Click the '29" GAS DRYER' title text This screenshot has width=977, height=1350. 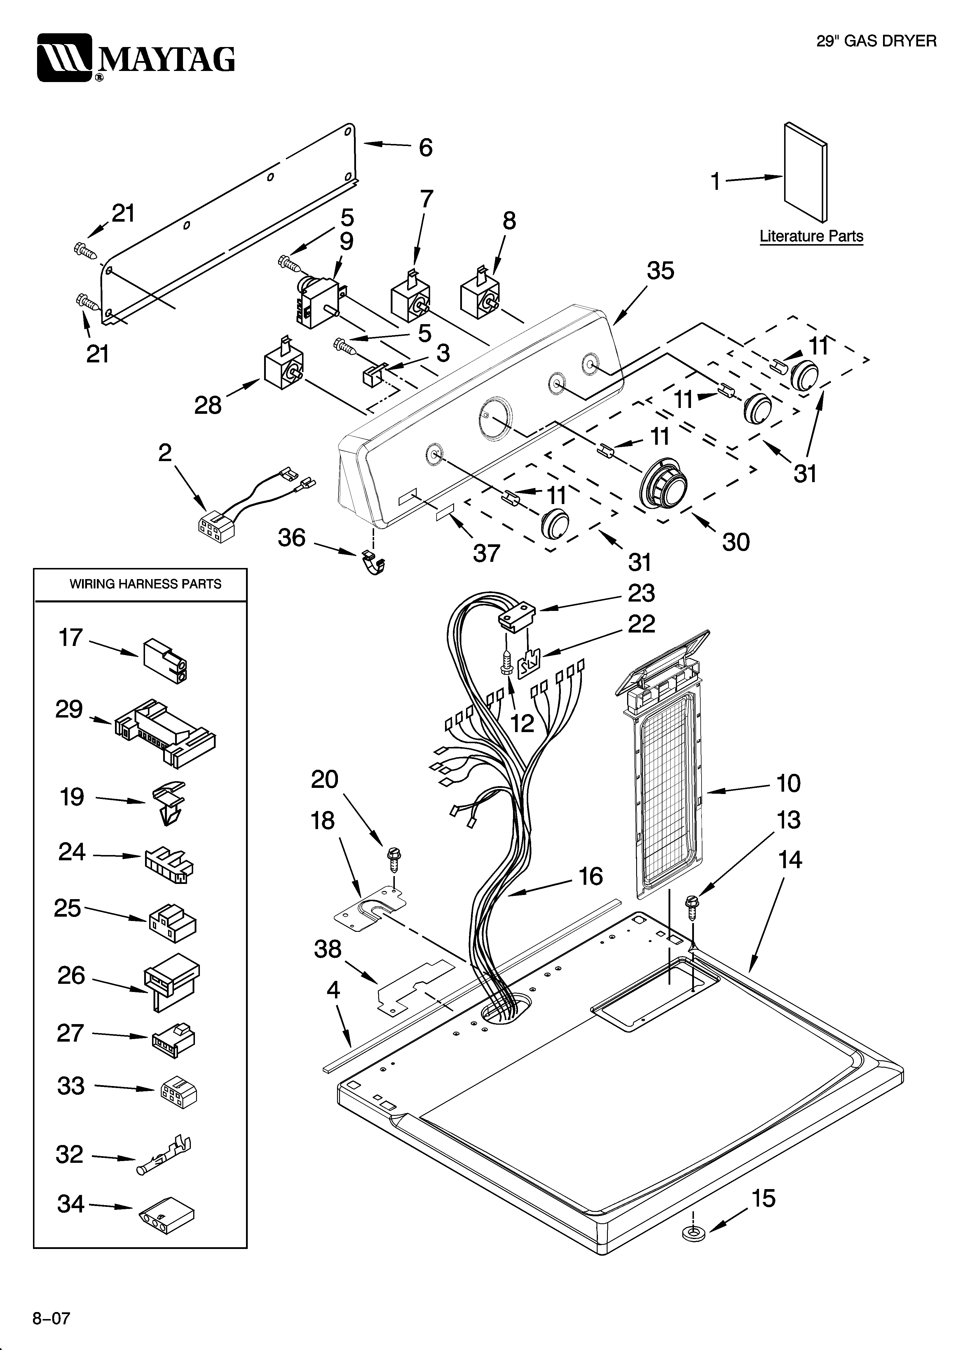(x=876, y=41)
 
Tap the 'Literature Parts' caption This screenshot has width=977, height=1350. (x=811, y=236)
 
